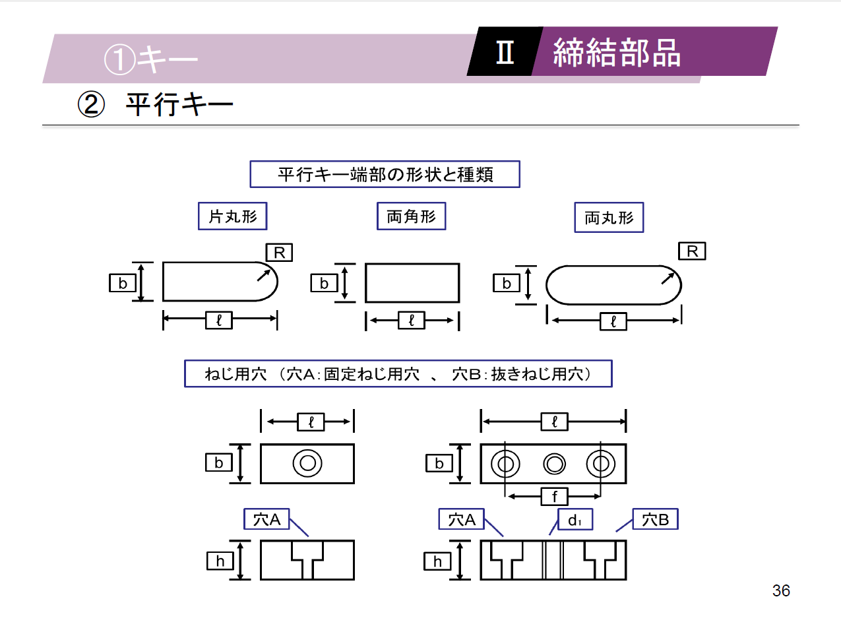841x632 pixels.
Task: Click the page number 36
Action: pos(781,590)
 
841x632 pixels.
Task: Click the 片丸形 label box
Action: pos(232,216)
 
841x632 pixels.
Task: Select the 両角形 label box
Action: pos(411,216)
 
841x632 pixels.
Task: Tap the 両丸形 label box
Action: pos(609,218)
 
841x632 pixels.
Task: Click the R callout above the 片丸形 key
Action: pos(279,253)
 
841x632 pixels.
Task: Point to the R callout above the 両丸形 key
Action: pos(692,251)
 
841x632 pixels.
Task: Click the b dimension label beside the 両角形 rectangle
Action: pos(324,283)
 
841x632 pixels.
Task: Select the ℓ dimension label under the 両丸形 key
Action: pos(613,321)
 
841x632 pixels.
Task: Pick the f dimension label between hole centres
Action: pos(554,496)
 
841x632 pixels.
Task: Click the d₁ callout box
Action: pos(575,520)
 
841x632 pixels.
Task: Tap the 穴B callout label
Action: pos(655,520)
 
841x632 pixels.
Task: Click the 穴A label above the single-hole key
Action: pos(266,520)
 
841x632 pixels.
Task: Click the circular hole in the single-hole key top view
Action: pos(307,463)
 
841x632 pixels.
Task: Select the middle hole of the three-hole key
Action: pos(554,464)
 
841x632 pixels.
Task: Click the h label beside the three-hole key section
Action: pos(437,561)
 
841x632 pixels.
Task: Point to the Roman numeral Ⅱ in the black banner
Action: pos(505,52)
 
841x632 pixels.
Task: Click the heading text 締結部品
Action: pos(617,53)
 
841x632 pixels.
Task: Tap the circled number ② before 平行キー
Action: pos(91,104)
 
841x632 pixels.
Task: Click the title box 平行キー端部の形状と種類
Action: pos(385,174)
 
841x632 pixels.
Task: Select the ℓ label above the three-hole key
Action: pos(554,422)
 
